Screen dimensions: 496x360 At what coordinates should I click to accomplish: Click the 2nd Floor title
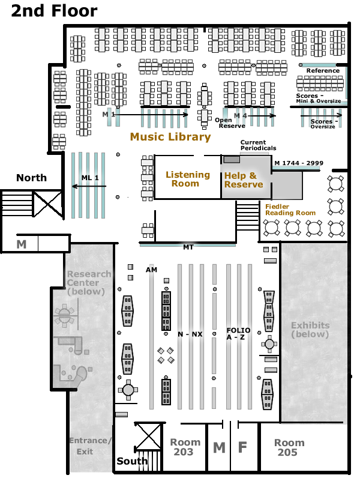click(x=54, y=11)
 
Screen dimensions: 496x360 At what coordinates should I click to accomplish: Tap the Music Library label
click(x=170, y=137)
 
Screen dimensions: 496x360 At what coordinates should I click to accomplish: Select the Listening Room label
click(x=188, y=179)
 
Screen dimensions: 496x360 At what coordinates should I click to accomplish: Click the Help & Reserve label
click(x=244, y=180)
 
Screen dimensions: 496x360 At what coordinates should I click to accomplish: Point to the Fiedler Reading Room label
click(x=290, y=210)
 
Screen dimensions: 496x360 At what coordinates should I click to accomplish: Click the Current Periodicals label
click(x=258, y=145)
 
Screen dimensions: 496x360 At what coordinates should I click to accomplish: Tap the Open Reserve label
click(x=232, y=122)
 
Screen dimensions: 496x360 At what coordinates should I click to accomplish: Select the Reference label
click(x=323, y=70)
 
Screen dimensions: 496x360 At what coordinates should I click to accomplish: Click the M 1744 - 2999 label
click(x=298, y=163)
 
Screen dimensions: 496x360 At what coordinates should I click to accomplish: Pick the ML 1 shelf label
click(x=89, y=178)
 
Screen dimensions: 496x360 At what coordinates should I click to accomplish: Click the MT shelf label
click(x=188, y=247)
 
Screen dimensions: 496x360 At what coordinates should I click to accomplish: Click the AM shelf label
click(x=151, y=270)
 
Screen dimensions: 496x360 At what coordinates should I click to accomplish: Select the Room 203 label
click(x=183, y=447)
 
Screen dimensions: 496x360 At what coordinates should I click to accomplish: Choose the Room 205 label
click(x=289, y=447)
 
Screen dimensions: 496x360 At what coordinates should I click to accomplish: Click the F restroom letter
click(x=243, y=448)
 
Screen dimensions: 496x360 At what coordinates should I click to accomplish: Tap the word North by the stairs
click(x=31, y=178)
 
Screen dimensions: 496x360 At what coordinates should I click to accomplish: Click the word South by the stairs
click(x=132, y=461)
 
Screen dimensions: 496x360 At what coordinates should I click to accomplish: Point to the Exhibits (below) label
click(x=310, y=330)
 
